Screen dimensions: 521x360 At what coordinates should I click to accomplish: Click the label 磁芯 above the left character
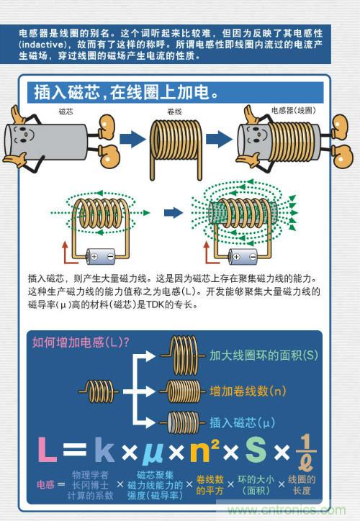click(66, 112)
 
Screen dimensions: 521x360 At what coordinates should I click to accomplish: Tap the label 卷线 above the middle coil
click(174, 112)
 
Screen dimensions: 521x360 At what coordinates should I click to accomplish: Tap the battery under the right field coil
click(240, 255)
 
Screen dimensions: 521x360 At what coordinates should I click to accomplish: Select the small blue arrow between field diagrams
click(173, 213)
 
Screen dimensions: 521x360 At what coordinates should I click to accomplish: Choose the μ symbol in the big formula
click(153, 450)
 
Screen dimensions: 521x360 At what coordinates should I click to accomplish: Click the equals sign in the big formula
click(75, 450)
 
